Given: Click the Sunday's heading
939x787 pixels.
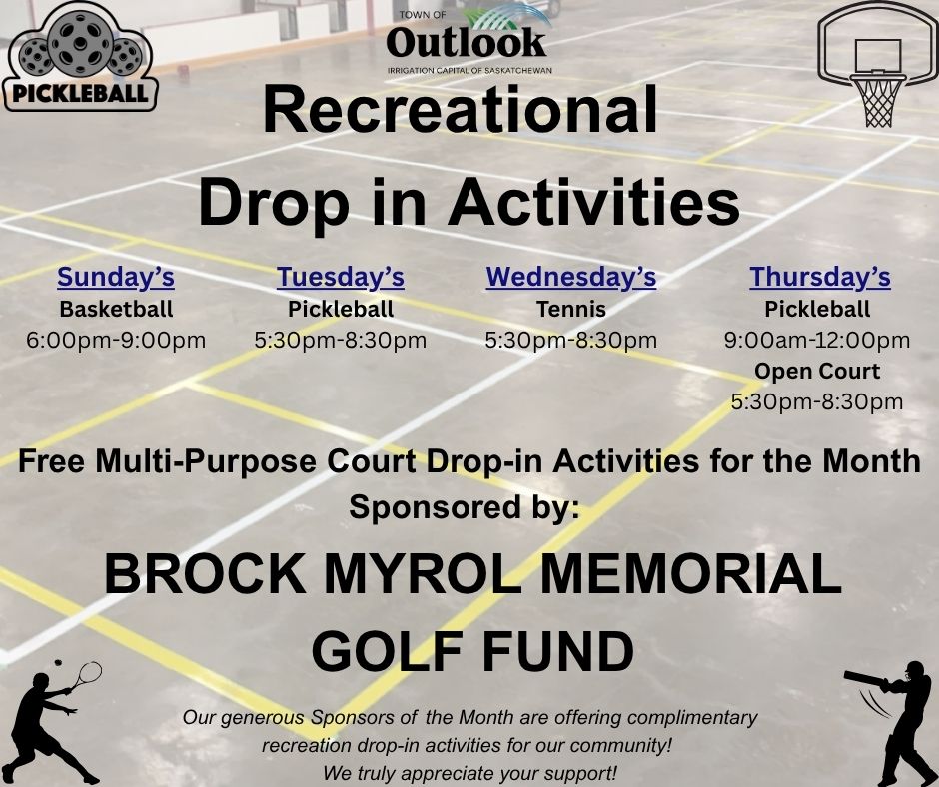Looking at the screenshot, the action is [116, 277].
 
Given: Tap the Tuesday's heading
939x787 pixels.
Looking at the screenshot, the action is [341, 277].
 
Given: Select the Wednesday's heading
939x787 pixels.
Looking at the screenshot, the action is [570, 277].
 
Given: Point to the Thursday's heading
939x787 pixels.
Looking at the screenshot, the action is [819, 277].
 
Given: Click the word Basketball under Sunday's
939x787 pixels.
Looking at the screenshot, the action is [116, 309].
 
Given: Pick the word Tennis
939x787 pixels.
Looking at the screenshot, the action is [570, 309].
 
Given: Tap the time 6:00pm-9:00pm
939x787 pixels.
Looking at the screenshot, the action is [116, 341].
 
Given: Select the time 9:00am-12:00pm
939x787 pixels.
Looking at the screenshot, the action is [817, 341].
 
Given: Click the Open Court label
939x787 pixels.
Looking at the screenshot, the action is [817, 372].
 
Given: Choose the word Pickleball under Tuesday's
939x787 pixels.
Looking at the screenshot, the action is [341, 309].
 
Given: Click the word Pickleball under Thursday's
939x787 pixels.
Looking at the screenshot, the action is [817, 309].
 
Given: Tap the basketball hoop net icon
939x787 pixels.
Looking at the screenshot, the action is [877, 101].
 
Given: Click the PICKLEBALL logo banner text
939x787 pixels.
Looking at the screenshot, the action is [80, 94].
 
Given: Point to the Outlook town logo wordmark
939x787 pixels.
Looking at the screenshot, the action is [467, 43].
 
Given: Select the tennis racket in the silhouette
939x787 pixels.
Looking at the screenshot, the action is [85, 675].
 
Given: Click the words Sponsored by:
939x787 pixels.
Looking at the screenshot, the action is [465, 508].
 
